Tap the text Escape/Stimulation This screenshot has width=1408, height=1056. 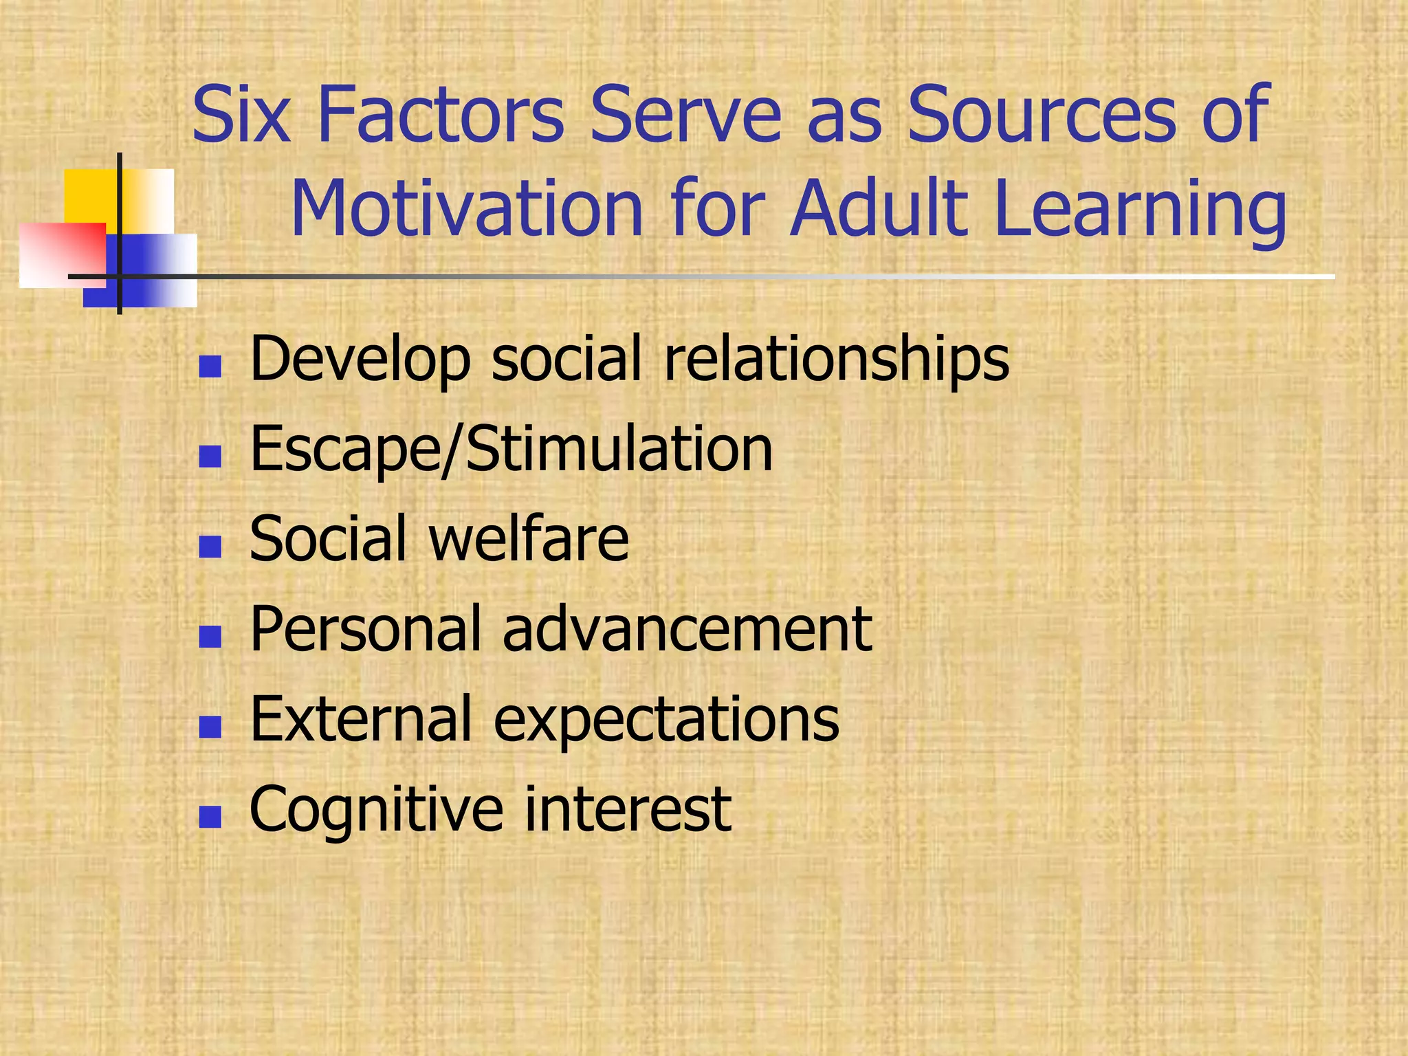coord(511,450)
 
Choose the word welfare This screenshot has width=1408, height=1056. coord(529,539)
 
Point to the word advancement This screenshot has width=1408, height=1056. coord(687,629)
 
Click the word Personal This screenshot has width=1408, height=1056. coord(365,629)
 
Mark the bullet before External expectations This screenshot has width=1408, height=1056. coord(210,727)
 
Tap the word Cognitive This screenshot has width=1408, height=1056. coord(375,810)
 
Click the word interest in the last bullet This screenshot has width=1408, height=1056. coord(628,809)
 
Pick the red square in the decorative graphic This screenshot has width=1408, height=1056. coord(62,254)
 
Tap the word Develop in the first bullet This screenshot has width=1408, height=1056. coord(360,360)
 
